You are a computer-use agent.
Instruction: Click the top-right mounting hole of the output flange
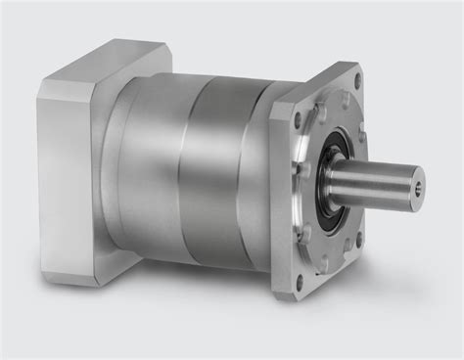[355, 80]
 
